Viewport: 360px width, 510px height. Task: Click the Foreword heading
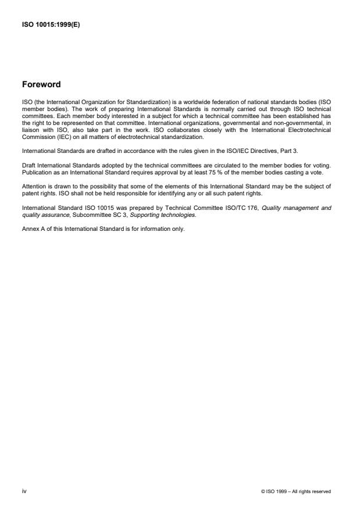(42, 84)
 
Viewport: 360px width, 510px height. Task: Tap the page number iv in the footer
(24, 491)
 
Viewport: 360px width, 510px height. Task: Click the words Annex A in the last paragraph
(32, 229)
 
